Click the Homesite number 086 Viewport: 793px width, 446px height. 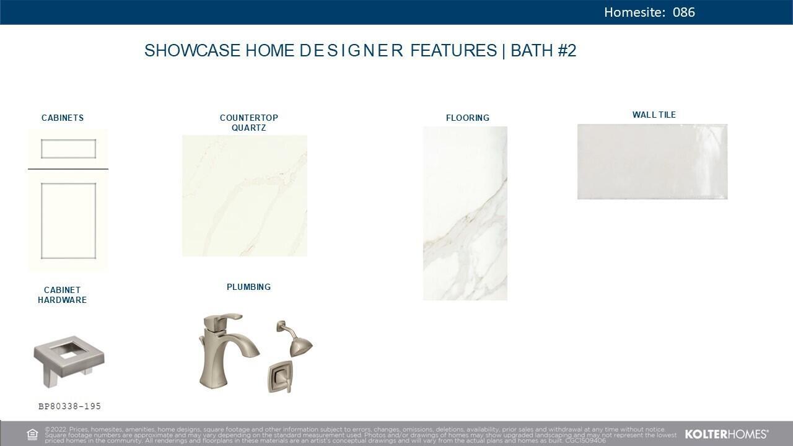(683, 12)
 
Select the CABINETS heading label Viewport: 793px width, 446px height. (63, 118)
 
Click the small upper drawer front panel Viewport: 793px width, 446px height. (68, 149)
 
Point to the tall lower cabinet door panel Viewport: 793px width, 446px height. (68, 221)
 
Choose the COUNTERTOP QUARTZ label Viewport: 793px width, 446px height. (248, 123)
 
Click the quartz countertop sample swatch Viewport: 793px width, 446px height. (245, 196)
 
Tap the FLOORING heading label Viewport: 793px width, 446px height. (468, 118)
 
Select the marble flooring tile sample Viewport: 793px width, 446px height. (465, 213)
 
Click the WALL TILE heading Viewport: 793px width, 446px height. (654, 115)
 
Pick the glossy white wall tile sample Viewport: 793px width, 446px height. (652, 162)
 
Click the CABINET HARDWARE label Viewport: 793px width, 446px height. (62, 295)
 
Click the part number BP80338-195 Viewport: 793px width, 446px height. (69, 406)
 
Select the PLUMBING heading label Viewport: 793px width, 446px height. (248, 287)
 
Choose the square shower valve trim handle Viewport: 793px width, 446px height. (280, 377)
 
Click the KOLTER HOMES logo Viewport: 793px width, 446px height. (726, 434)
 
